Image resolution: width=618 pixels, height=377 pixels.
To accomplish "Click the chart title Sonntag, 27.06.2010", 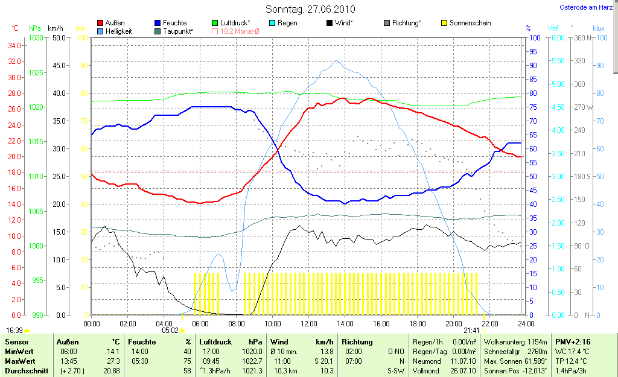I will (x=310, y=9).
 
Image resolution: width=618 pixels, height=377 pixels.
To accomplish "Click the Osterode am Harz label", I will (x=586, y=8).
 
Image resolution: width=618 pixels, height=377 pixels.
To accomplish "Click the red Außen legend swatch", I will (x=100, y=23).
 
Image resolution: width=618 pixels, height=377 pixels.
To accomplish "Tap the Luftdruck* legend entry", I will (x=235, y=23).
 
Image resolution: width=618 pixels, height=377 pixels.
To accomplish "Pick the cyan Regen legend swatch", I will (x=272, y=23).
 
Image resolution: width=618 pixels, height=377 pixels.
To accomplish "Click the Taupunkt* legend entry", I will (x=177, y=31).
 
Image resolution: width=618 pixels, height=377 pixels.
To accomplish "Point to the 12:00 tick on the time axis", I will (x=308, y=323).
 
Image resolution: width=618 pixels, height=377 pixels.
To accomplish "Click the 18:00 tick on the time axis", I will (x=417, y=323).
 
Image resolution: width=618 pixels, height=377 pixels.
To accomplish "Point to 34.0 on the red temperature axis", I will (x=15, y=45).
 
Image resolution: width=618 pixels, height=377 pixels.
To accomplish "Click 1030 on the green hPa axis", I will (x=36, y=37).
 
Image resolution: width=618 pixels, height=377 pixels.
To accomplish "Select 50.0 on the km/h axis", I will (x=59, y=37).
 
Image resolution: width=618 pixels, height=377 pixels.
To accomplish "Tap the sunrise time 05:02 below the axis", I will (x=171, y=331).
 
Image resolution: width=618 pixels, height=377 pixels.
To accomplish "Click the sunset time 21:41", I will (x=472, y=331).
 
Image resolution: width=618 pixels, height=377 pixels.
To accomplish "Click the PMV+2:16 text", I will (x=574, y=342).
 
